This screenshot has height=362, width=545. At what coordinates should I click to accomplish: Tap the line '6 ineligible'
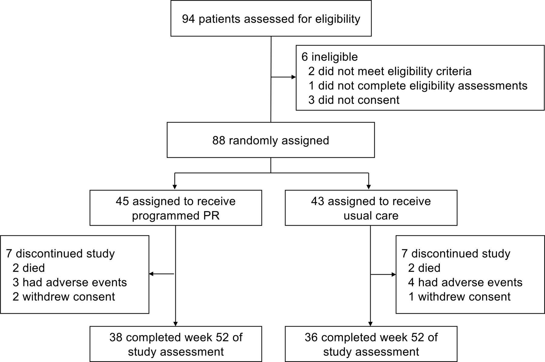tap(329, 57)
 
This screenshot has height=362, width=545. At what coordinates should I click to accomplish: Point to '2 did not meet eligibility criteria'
tap(390, 71)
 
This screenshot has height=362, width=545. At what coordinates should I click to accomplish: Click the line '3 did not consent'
tap(354, 100)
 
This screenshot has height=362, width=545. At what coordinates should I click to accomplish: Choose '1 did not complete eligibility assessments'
tap(418, 86)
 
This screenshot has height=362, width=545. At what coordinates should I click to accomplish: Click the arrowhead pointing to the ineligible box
tap(293, 77)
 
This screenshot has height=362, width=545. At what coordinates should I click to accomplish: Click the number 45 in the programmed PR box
tap(122, 201)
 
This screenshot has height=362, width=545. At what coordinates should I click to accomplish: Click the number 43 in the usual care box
tap(318, 201)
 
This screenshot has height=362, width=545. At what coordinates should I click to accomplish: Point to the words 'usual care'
tap(371, 216)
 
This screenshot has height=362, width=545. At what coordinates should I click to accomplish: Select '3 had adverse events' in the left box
tap(70, 282)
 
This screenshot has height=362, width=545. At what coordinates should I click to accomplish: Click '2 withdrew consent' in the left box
tap(64, 297)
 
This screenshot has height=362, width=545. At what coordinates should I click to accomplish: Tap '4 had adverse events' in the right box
tap(465, 282)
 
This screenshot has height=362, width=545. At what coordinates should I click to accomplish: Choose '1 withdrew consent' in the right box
tap(460, 297)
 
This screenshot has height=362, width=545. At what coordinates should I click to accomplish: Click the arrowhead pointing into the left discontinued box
tap(151, 274)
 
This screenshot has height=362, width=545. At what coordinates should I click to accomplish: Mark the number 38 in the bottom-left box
tap(116, 337)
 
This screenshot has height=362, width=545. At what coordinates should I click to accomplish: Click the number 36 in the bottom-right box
tap(311, 337)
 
